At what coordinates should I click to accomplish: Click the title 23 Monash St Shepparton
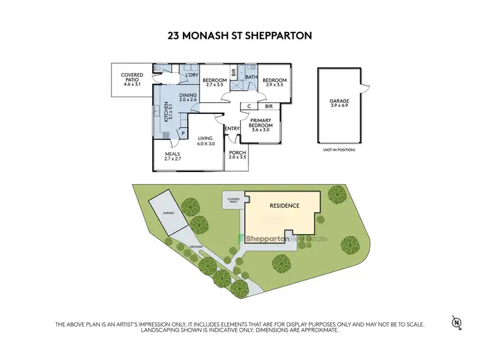coord(240,36)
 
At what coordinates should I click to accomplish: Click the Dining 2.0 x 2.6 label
coord(188,97)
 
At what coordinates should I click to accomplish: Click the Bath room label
coord(250,76)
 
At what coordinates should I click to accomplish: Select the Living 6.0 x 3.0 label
coord(205,141)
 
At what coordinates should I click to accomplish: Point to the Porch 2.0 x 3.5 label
coord(237,155)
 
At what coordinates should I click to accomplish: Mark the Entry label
coord(232,129)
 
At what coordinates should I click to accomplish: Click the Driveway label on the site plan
coord(196,246)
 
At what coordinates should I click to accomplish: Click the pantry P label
coord(183,134)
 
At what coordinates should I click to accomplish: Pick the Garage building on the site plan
coord(169,212)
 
